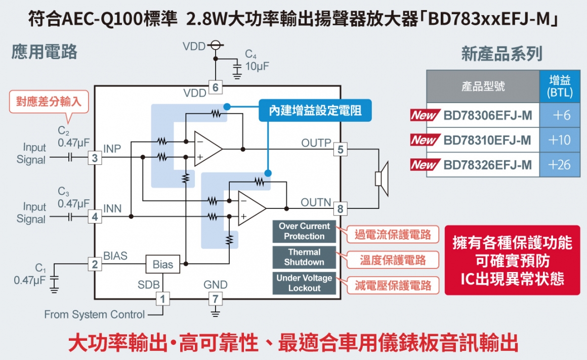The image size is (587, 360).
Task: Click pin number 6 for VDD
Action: click(216, 87)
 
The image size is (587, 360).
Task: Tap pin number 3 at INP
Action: click(95, 158)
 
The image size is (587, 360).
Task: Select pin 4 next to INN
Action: click(95, 217)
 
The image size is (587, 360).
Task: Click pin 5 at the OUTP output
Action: click(340, 149)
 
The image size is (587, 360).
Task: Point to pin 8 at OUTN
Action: click(340, 208)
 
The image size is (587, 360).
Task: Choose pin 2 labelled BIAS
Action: click(95, 264)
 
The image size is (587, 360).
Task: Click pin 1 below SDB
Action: click(162, 299)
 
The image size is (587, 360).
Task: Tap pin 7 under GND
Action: click(216, 299)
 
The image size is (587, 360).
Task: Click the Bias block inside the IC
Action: click(162, 264)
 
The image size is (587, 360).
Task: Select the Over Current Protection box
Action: click(304, 232)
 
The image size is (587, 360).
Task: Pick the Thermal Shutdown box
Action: click(304, 257)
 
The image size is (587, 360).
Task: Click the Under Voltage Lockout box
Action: click(304, 283)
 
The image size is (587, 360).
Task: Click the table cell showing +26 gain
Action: click(559, 165)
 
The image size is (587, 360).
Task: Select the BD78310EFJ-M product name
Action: click(487, 140)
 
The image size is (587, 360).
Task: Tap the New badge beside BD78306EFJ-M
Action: click(425, 115)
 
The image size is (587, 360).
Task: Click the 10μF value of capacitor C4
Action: click(257, 66)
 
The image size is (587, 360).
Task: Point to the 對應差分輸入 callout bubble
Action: click(49, 101)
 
